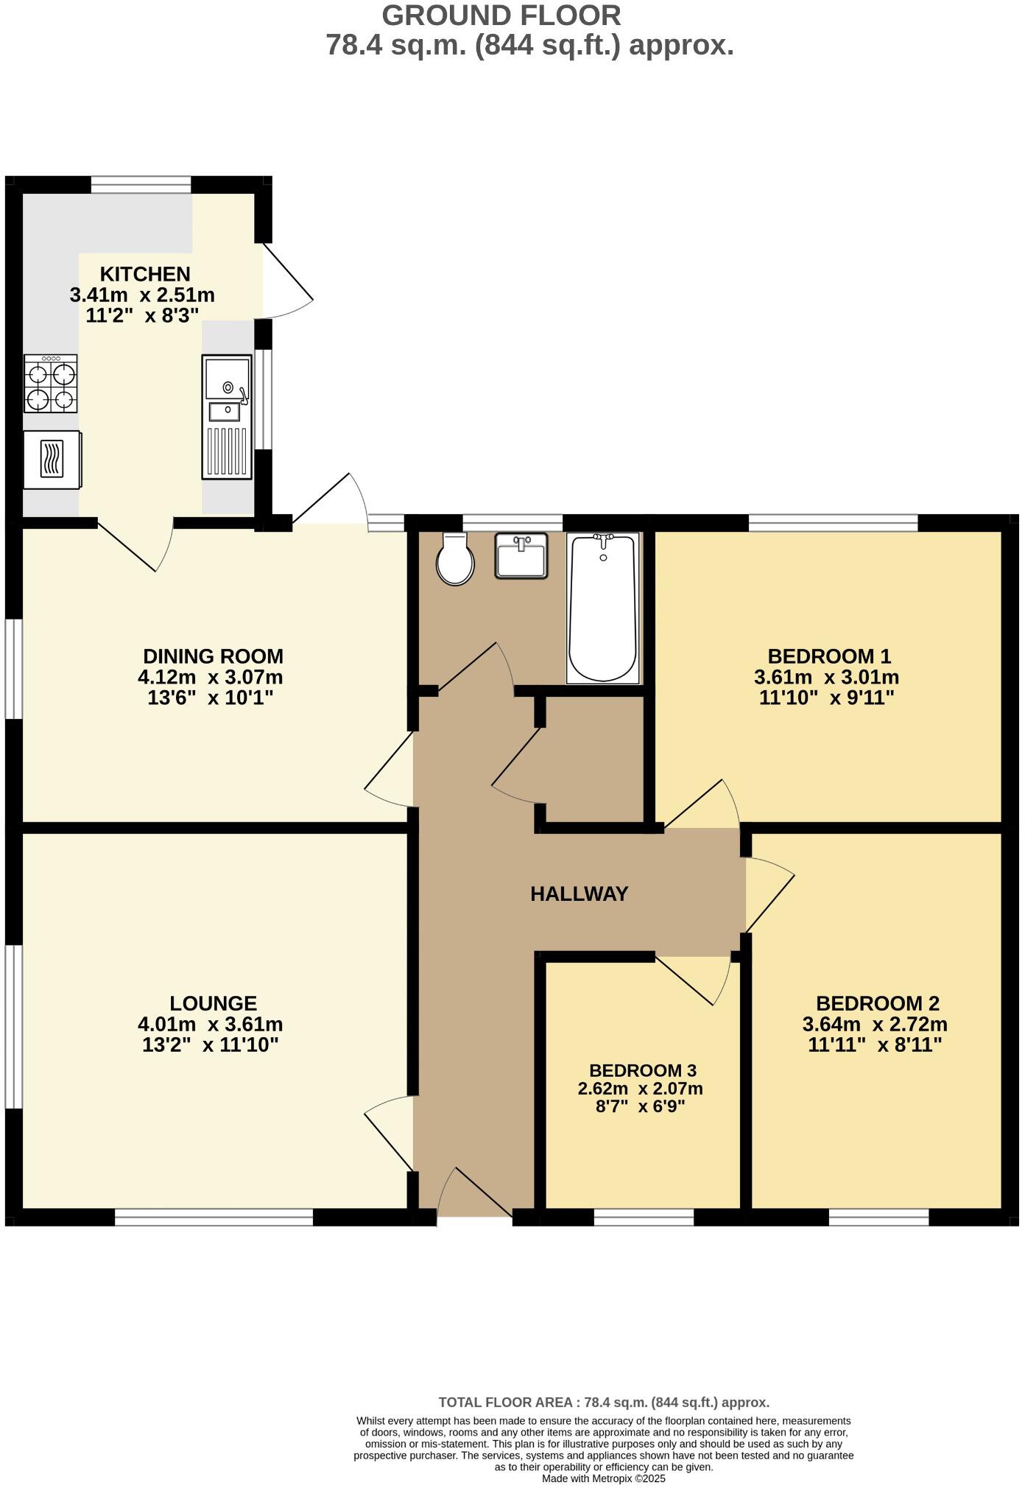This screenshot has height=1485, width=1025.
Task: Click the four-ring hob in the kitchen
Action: [x=50, y=384]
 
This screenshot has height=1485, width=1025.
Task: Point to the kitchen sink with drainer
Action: [x=227, y=416]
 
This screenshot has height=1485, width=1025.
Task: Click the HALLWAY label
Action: [x=579, y=894]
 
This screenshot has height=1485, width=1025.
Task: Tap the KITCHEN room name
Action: [x=145, y=274]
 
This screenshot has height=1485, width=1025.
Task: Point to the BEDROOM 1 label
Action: [x=829, y=656]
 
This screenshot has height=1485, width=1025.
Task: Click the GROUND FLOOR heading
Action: [x=501, y=15]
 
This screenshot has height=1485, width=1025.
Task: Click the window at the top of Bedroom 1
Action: [x=833, y=523]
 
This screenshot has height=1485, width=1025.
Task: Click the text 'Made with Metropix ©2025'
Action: [x=604, y=1478]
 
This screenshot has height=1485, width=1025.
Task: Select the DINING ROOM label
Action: [x=213, y=656]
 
